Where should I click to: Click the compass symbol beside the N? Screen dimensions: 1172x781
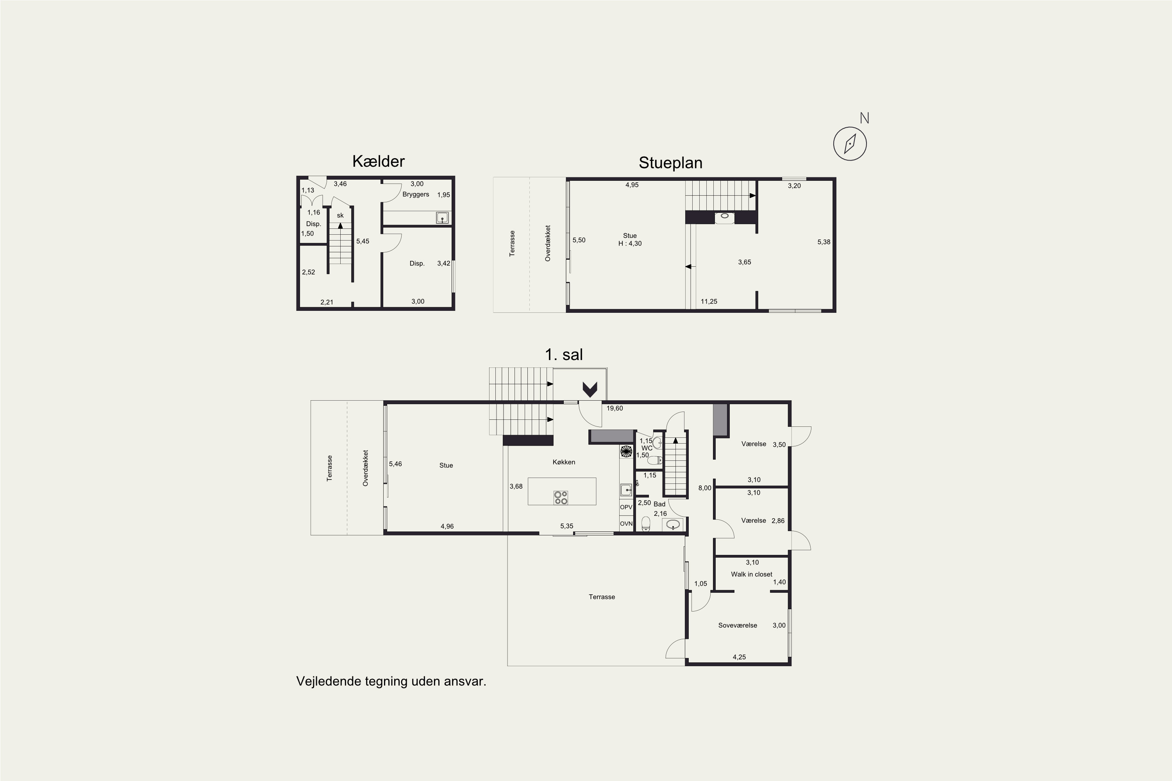click(x=850, y=143)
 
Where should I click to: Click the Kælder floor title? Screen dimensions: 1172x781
click(x=378, y=161)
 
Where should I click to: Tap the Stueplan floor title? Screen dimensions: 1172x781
click(x=670, y=163)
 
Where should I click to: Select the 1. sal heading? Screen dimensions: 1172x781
click(x=564, y=355)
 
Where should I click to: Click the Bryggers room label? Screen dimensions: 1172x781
click(x=416, y=194)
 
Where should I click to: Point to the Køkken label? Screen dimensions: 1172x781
click(x=564, y=462)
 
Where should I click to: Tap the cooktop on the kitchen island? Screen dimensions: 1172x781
click(x=561, y=497)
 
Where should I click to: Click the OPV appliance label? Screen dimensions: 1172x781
click(x=626, y=507)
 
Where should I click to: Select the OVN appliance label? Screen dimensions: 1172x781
click(x=626, y=524)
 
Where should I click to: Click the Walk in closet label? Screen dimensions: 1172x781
click(x=751, y=574)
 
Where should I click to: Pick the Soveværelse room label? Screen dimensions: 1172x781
click(x=738, y=625)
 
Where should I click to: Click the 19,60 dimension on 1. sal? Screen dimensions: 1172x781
click(x=615, y=408)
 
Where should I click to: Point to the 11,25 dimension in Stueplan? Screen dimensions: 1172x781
click(x=709, y=301)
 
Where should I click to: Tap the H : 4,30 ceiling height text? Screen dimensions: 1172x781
click(x=630, y=244)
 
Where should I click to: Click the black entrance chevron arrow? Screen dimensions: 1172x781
click(x=590, y=389)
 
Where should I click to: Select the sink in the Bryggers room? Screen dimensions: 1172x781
click(x=442, y=218)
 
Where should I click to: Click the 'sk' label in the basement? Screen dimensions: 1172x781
click(x=340, y=216)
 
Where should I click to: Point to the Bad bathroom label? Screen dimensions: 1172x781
click(x=659, y=504)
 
